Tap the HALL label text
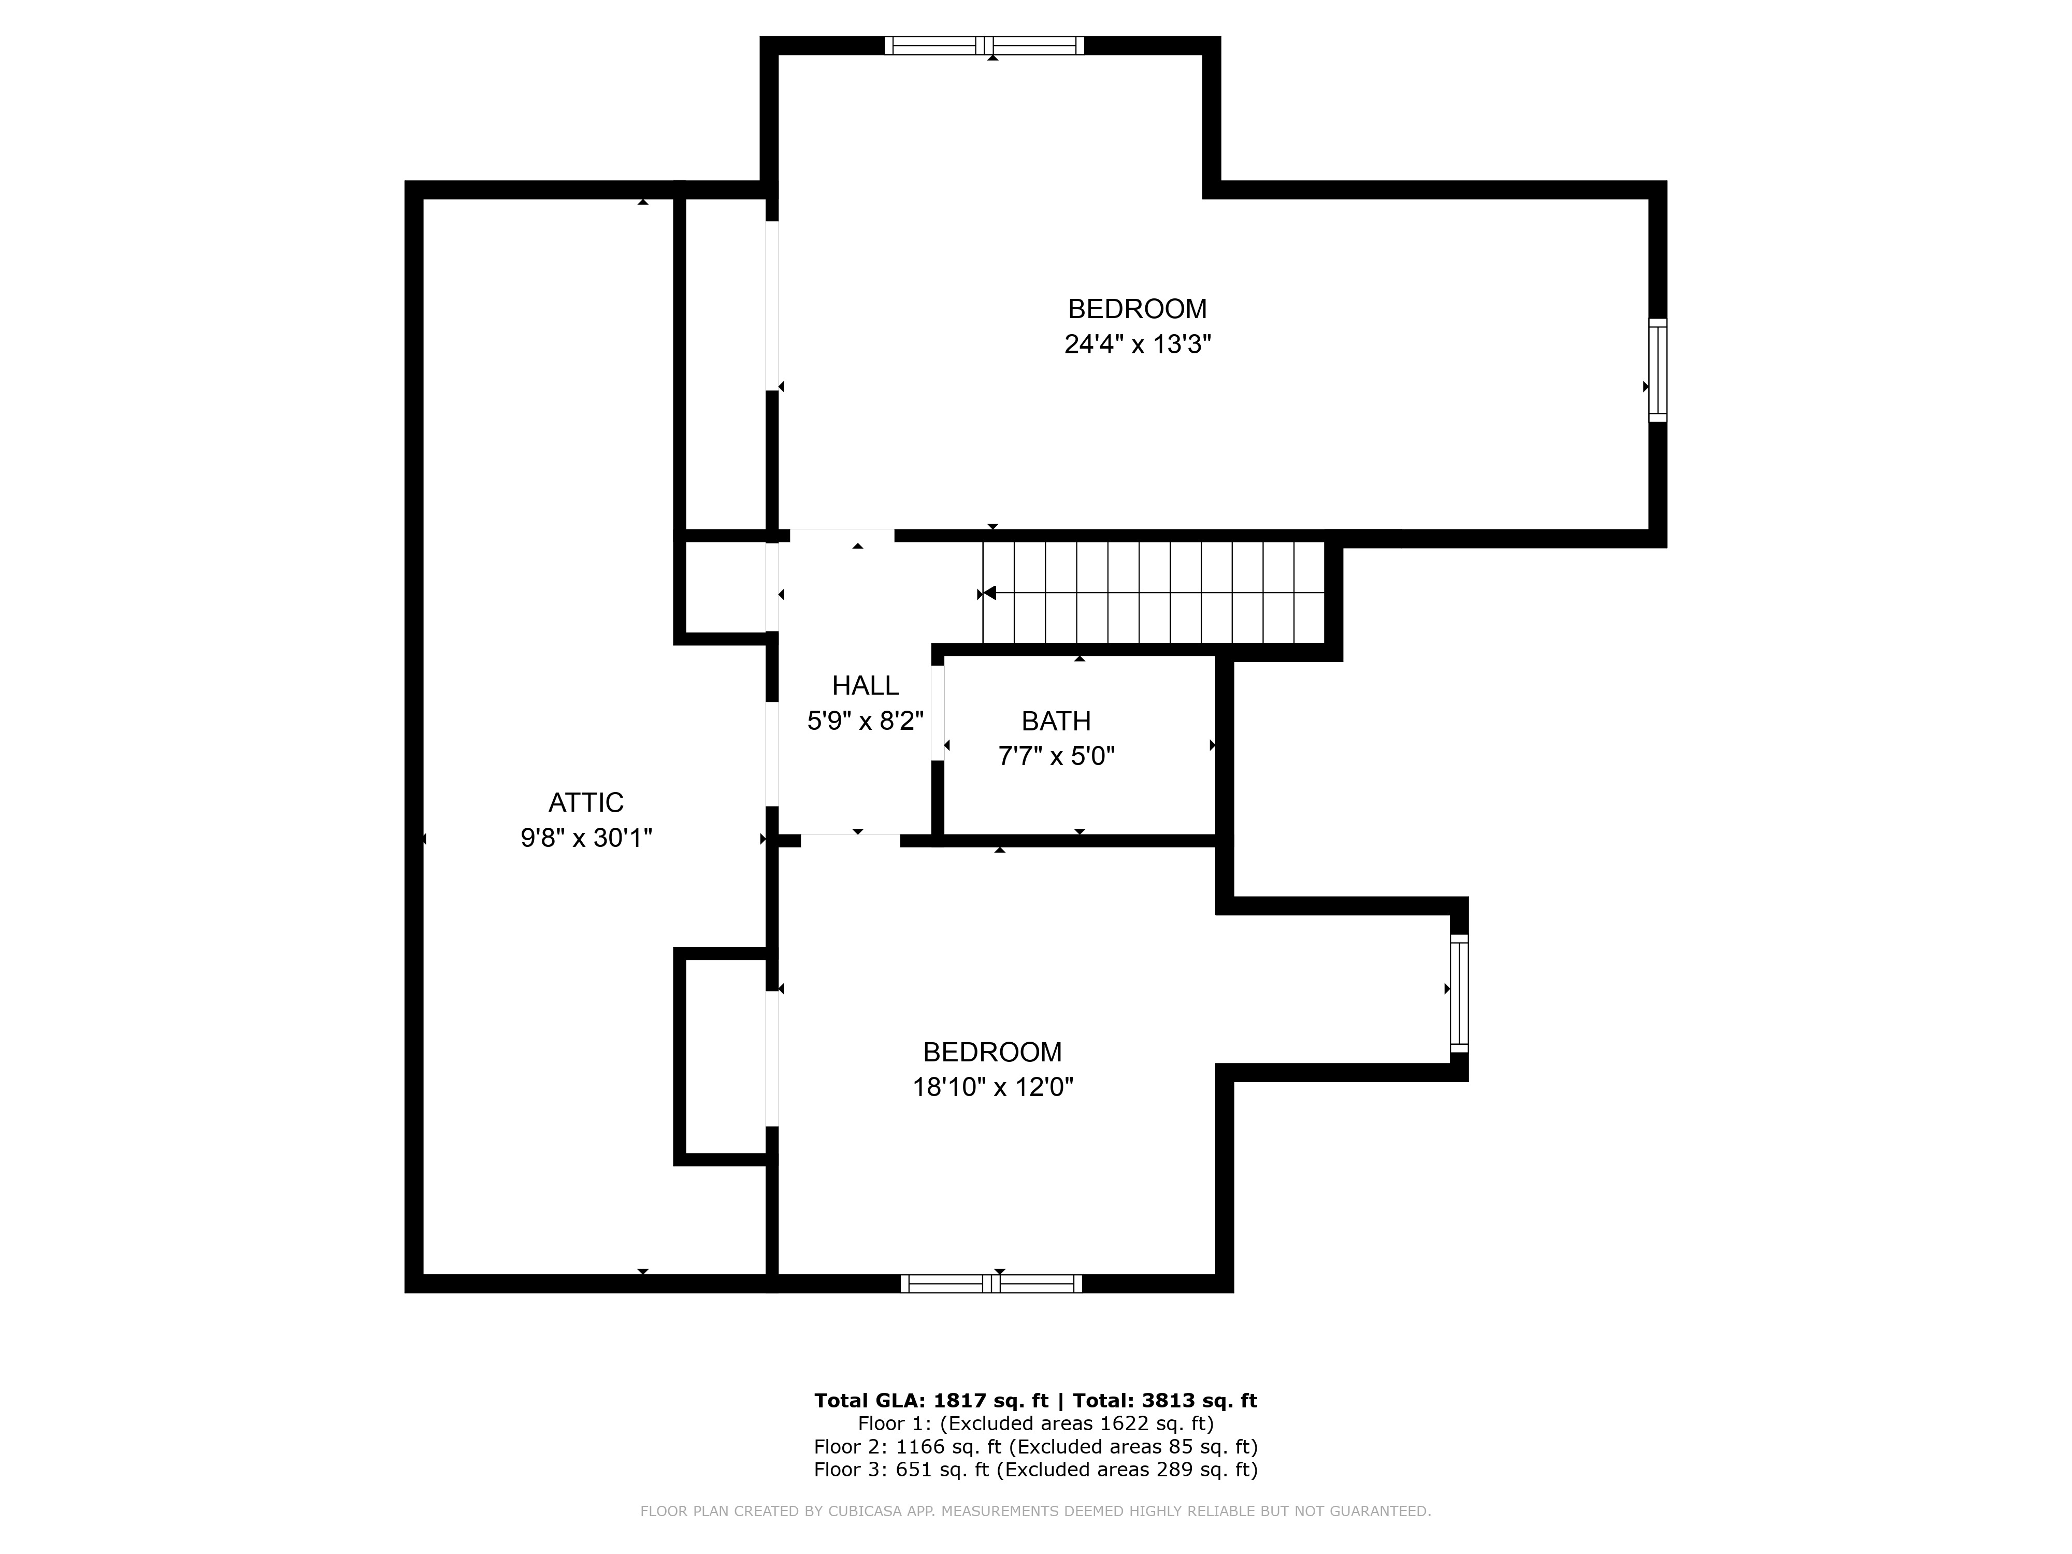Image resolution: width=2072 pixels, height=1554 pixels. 866,686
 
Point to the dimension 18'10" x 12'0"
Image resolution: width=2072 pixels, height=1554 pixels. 993,1087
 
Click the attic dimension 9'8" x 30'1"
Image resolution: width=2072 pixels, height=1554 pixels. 586,838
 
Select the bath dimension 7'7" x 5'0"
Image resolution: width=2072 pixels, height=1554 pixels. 1057,756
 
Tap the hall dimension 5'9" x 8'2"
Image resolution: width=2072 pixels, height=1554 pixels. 866,721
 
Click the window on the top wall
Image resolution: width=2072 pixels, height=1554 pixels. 985,45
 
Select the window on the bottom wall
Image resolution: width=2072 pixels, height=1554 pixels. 991,1283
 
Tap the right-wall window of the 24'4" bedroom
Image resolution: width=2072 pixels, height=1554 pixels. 1658,370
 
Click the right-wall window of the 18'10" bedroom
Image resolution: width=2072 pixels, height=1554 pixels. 1459,993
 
